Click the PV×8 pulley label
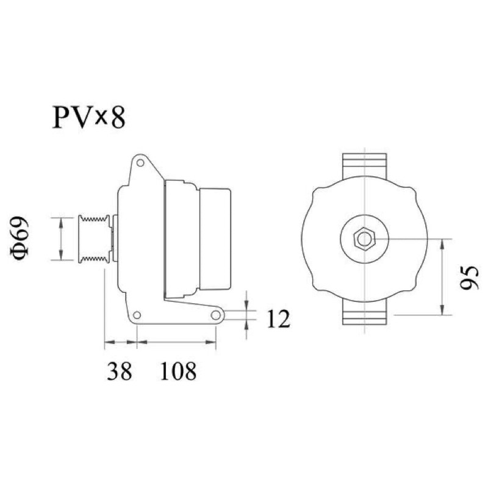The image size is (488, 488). pyautogui.click(x=89, y=117)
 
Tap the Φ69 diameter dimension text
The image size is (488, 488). pyautogui.click(x=20, y=239)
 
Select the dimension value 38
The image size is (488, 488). pyautogui.click(x=119, y=371)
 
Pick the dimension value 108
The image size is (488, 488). pyautogui.click(x=178, y=371)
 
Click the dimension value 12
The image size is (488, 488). pyautogui.click(x=279, y=319)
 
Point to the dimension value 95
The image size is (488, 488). pyautogui.click(x=468, y=278)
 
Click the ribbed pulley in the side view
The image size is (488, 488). pyautogui.click(x=94, y=239)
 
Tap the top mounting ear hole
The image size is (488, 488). pyautogui.click(x=140, y=163)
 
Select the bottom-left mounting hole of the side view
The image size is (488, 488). pyautogui.click(x=137, y=315)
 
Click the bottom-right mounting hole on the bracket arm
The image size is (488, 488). pyautogui.click(x=216, y=315)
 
